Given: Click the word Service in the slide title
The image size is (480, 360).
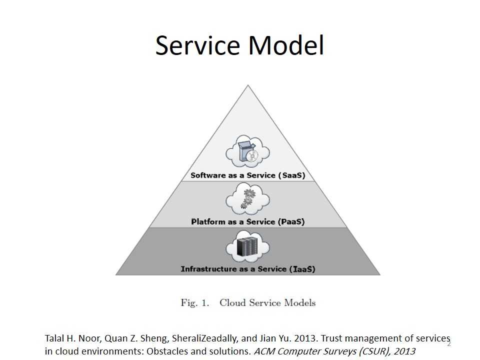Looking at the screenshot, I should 198,45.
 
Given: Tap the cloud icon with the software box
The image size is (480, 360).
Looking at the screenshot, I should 248,151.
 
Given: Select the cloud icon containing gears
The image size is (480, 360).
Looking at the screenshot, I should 247,199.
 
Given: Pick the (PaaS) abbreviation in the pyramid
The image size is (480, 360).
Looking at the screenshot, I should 291,221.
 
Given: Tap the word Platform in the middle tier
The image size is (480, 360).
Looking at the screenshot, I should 208,221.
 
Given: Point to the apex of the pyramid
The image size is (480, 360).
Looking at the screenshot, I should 248,86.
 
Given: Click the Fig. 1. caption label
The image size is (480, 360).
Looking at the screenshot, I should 194,302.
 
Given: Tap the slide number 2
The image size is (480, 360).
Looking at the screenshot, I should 448,343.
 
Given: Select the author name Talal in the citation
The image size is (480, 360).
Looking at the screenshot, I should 55,338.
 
